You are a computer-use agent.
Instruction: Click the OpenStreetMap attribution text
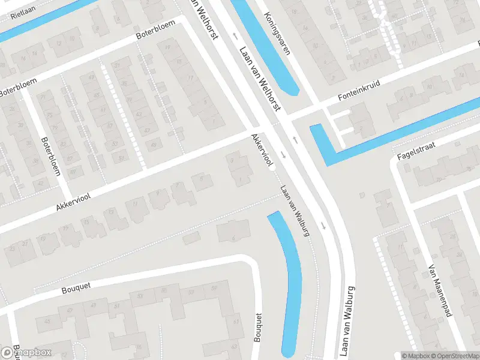point(449,356)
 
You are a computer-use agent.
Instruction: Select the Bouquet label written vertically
point(259,328)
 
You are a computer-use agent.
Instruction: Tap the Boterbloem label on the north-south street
point(50,156)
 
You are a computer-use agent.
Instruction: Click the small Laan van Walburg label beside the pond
point(295,210)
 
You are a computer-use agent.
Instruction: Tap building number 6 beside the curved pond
point(233,238)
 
